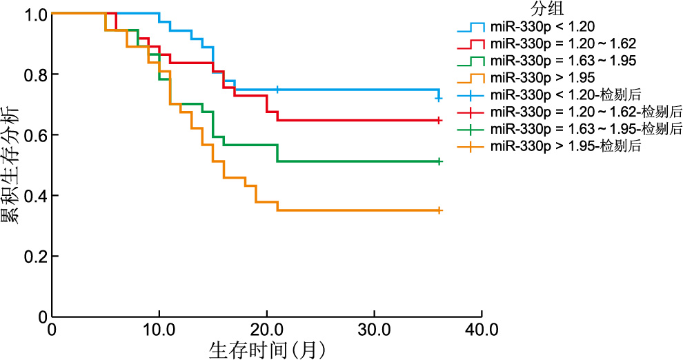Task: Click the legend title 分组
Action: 548,9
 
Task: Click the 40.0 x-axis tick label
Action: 481,329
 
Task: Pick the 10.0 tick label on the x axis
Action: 159,329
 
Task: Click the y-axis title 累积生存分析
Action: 12,166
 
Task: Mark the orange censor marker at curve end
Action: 439,210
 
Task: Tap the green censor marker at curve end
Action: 439,161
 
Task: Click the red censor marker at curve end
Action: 439,121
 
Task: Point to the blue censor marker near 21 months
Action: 277,90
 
